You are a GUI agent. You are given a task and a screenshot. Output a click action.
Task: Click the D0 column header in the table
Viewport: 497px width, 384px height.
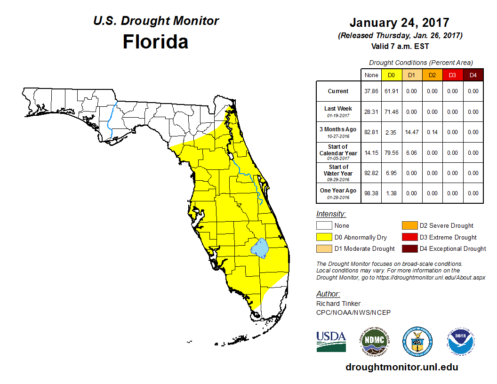pos(391,75)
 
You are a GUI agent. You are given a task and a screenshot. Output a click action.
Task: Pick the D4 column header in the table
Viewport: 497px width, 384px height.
pos(473,75)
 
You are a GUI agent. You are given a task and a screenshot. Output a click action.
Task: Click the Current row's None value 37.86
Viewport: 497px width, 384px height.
pos(371,91)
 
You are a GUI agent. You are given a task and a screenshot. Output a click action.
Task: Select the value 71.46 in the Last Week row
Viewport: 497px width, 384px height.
pos(391,112)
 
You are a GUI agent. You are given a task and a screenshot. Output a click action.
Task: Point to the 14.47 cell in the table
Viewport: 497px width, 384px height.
pos(411,132)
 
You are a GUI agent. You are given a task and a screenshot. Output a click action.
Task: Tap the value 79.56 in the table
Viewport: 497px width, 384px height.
pos(391,153)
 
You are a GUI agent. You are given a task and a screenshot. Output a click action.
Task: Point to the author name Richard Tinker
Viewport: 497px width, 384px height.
pos(338,304)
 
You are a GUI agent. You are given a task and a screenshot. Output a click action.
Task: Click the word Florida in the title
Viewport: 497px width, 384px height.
pos(155,42)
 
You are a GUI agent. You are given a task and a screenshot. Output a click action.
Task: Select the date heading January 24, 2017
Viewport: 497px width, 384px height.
pos(399,23)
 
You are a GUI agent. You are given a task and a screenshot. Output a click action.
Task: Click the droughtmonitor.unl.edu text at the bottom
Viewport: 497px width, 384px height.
pos(401,367)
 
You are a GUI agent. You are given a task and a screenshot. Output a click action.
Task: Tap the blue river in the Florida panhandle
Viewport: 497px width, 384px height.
pos(110,120)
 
